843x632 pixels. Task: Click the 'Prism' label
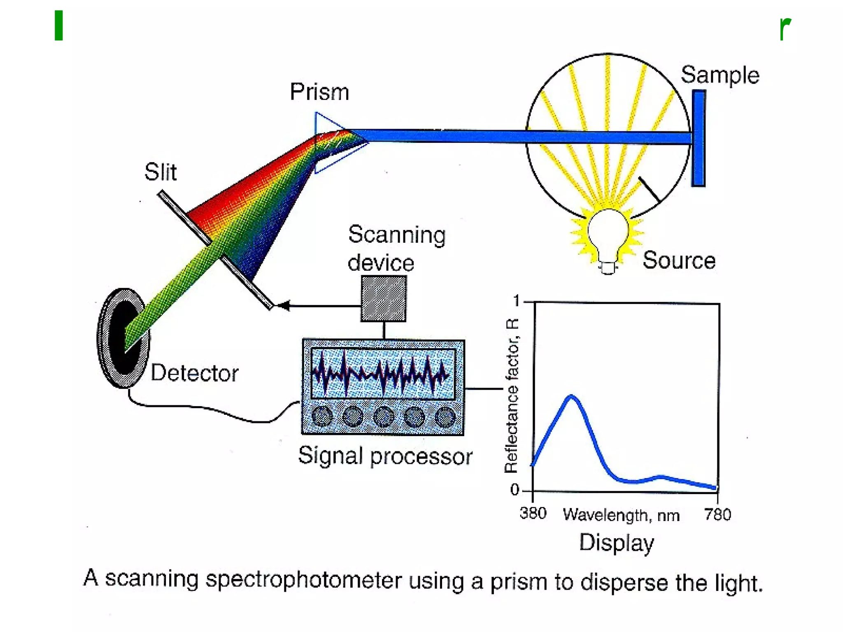[319, 91]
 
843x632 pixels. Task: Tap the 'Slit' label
[160, 172]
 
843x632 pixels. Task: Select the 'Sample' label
[720, 75]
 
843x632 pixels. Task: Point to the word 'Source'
[679, 260]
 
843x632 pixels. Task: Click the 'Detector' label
[194, 373]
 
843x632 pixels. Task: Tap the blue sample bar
[699, 138]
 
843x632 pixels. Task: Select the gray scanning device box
[384, 298]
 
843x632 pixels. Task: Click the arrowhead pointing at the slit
[283, 305]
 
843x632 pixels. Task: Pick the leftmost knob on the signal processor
[322, 416]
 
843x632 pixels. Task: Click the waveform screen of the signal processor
[383, 374]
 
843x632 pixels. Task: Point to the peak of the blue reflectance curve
[571, 397]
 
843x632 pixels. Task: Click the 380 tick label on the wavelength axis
[533, 513]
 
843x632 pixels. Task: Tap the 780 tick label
[717, 514]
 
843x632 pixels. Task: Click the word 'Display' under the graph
[616, 542]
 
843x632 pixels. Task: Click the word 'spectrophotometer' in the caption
[303, 580]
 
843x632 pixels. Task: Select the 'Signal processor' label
[385, 456]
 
